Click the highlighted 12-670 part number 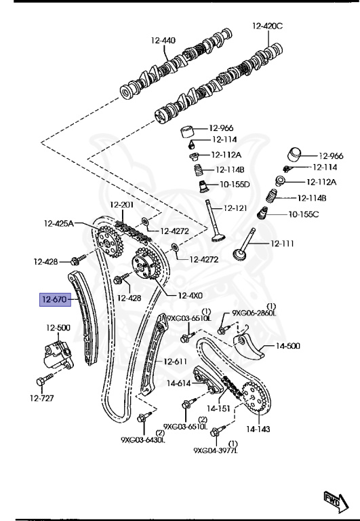point(56,299)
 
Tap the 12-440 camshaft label point(163,41)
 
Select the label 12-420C point(267,26)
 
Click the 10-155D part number point(234,184)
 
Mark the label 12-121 point(237,208)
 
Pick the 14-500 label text point(287,346)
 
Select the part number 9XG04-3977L point(215,450)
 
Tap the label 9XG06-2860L point(255,313)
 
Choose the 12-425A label point(59,223)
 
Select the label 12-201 point(123,204)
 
